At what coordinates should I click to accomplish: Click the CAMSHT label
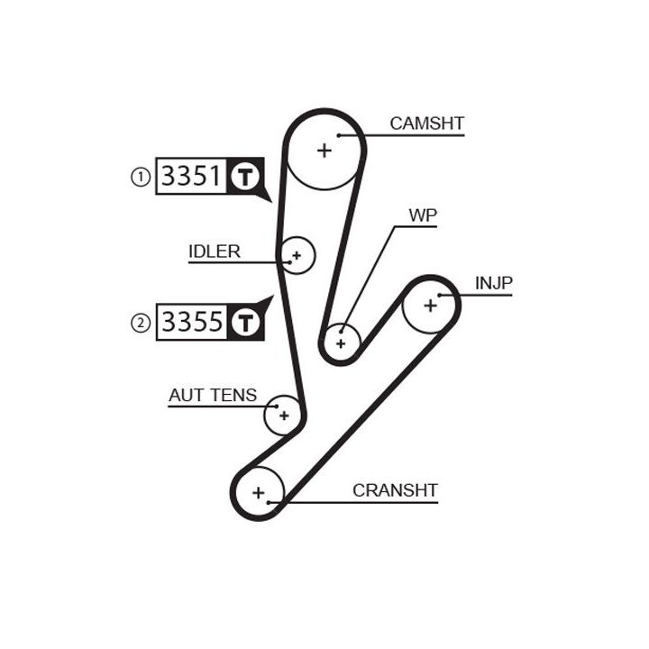point(426,123)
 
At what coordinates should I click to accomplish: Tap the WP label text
point(423,215)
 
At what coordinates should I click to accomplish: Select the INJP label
point(493,283)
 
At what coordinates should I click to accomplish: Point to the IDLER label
point(215,251)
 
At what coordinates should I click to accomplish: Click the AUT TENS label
point(213,395)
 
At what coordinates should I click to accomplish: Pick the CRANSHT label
point(395,490)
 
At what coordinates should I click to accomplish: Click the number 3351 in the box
point(191,176)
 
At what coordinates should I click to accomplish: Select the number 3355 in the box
point(191,321)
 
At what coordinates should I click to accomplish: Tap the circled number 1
point(140,177)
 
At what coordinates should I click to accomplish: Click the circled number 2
point(140,322)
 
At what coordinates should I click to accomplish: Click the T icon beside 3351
point(245,177)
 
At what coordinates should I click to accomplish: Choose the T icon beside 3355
point(245,322)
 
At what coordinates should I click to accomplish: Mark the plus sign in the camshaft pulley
point(324,150)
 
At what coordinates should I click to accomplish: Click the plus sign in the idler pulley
point(297,256)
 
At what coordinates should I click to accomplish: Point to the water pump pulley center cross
point(341,343)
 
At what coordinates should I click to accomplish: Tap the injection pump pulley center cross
point(430,306)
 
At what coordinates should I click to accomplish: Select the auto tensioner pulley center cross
point(284,416)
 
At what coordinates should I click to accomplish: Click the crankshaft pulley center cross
point(260,492)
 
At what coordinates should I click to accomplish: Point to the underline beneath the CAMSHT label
point(424,135)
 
